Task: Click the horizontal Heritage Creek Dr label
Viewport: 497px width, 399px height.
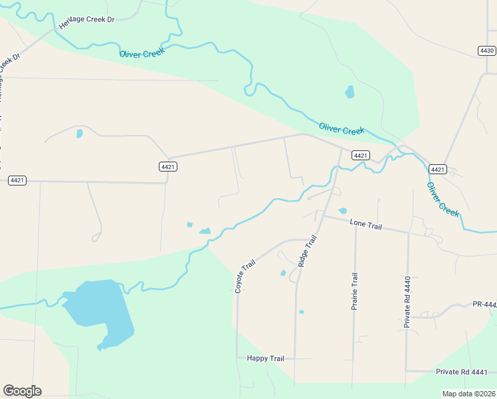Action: (x=86, y=19)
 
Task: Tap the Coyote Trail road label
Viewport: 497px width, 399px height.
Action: (x=245, y=276)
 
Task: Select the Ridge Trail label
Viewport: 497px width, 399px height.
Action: (x=307, y=250)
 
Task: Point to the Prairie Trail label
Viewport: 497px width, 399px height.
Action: (x=355, y=291)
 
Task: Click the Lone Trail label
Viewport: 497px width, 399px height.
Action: (x=366, y=225)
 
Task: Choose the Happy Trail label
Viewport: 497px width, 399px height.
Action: (x=265, y=358)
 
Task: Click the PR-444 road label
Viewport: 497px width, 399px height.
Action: (x=484, y=304)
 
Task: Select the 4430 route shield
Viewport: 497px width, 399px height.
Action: (x=487, y=51)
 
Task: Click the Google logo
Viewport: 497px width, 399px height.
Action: (x=22, y=390)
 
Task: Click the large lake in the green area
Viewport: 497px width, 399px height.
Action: (x=100, y=309)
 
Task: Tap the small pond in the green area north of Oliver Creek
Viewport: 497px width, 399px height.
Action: (x=349, y=92)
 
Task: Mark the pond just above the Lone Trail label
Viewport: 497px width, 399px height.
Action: (x=342, y=211)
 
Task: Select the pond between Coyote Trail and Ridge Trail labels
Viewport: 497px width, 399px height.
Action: (x=283, y=273)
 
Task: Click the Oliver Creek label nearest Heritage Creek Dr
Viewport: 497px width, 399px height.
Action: (x=142, y=53)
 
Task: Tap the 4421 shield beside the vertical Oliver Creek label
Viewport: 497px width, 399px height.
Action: (x=437, y=169)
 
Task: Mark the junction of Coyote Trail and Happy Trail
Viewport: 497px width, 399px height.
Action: (x=237, y=358)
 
